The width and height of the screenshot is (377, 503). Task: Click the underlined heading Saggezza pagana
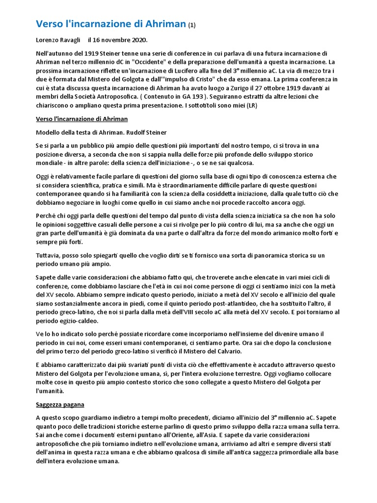pos(60,404)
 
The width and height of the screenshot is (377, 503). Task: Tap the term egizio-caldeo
pos(79,320)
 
